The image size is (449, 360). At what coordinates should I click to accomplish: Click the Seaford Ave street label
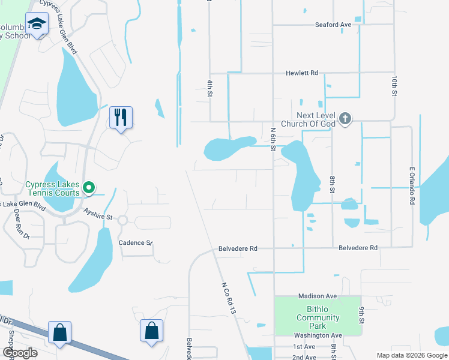(x=333, y=25)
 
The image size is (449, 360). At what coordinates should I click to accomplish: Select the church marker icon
(x=345, y=118)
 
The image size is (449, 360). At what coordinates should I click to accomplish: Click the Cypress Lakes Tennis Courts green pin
(x=89, y=188)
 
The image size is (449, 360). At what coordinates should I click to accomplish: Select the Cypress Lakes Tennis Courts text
(x=52, y=188)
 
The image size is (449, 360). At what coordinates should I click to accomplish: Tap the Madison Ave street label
(x=318, y=296)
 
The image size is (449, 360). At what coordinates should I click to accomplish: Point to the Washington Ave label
(x=318, y=335)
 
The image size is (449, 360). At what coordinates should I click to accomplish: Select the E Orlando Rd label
(x=412, y=186)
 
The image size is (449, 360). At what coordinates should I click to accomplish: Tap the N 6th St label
(x=273, y=139)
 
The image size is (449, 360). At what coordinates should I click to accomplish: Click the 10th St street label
(x=394, y=86)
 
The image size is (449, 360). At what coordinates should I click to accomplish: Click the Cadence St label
(x=135, y=243)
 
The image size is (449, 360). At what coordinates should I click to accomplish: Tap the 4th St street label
(x=210, y=86)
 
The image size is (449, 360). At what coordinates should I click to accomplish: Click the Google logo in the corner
(x=20, y=353)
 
